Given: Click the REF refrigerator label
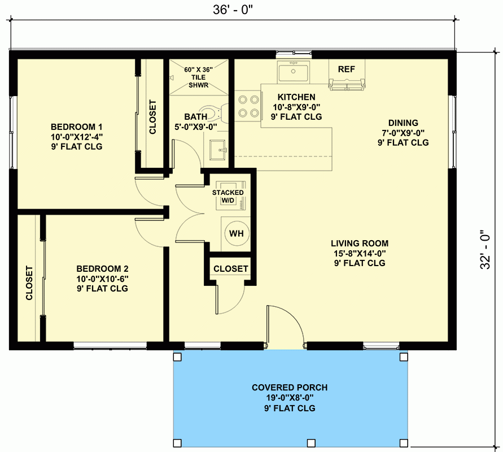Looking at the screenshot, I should [346, 69].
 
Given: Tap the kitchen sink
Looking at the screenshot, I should [292, 73].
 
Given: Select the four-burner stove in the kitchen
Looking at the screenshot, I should [248, 106].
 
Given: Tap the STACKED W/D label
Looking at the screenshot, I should [228, 196].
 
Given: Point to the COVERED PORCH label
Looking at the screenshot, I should [290, 388].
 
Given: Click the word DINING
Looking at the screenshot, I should [403, 123].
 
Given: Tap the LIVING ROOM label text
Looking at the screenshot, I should [359, 244].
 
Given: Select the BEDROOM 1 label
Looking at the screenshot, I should [76, 127].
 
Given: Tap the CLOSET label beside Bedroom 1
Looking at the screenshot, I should [152, 117].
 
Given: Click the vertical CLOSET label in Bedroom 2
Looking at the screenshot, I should [29, 282].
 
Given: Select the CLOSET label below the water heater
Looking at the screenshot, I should [231, 268].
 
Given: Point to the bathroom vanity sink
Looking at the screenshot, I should [217, 150].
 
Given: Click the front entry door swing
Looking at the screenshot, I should [285, 325].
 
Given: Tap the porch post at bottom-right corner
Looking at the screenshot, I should [403, 442].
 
